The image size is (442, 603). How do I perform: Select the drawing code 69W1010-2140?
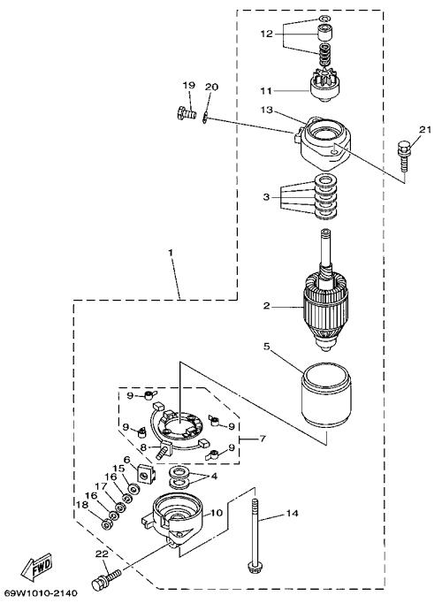[39, 594]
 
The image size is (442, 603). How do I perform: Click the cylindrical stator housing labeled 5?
[326, 394]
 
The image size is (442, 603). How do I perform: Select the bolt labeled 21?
[401, 156]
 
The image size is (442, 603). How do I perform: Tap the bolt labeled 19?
[186, 113]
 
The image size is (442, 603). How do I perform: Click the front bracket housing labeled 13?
[325, 144]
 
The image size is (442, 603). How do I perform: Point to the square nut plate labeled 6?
[145, 473]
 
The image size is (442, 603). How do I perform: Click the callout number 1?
[171, 253]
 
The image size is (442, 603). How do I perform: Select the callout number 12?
[266, 34]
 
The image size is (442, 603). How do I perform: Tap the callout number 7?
[263, 438]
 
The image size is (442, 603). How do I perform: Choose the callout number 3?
[267, 197]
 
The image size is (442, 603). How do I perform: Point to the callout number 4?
[214, 476]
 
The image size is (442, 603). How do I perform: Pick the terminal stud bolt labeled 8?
[164, 449]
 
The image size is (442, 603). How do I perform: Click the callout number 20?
[212, 87]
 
